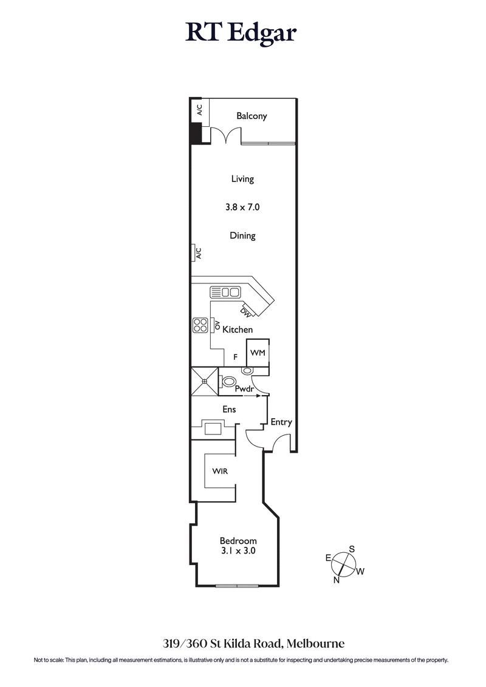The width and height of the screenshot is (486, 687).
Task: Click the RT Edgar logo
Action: (241, 33)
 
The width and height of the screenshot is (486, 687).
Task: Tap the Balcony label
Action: (252, 116)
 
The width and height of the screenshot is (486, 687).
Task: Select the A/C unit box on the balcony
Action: (199, 110)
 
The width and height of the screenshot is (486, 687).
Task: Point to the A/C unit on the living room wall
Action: (197, 252)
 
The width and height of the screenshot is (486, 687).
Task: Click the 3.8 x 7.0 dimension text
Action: (242, 207)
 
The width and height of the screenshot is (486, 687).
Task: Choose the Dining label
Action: (242, 235)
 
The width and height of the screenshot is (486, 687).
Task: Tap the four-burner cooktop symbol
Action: (200, 326)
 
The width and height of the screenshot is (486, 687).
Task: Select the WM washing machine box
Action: (258, 353)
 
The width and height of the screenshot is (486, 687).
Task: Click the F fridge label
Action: (235, 357)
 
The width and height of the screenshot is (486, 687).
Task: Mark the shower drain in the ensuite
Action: (205, 381)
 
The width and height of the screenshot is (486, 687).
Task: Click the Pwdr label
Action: (244, 388)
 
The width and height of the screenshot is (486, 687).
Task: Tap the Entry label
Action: (281, 422)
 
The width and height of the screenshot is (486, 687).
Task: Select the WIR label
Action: (220, 471)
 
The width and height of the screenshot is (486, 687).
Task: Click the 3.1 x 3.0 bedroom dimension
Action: (238, 551)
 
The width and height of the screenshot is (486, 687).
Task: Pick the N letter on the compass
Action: (336, 580)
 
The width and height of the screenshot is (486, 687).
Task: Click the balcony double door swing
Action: (225, 137)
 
